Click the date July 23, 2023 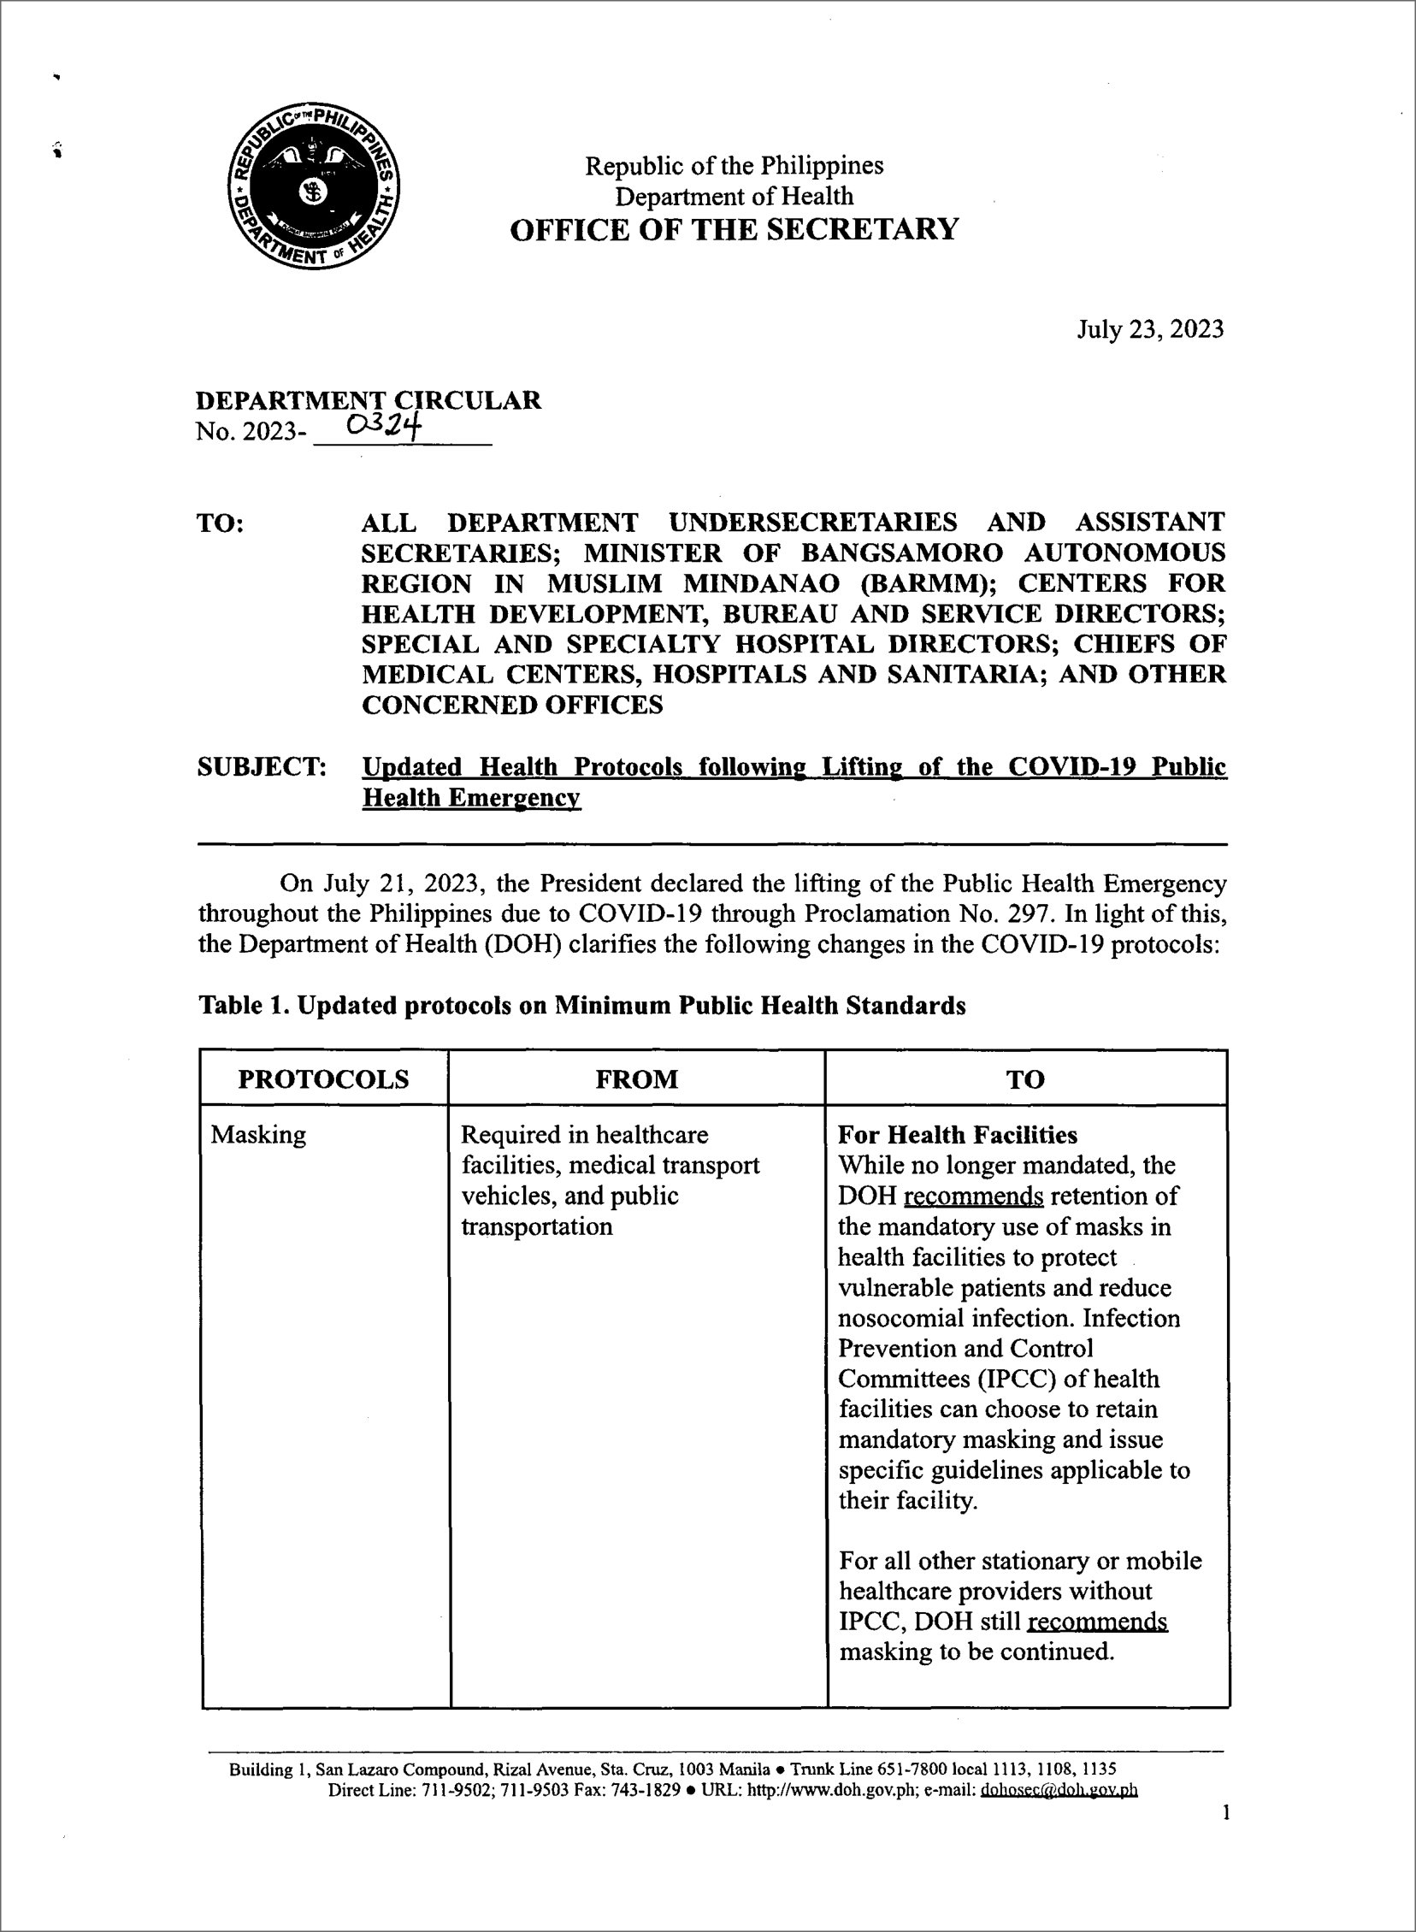1149,329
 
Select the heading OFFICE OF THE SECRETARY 734,230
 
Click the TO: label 221,523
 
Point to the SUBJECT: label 262,766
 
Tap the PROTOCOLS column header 323,1078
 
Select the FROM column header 636,1078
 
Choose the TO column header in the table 1025,1078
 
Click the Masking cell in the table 258,1135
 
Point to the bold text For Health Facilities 958,1135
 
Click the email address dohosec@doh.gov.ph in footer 1059,1790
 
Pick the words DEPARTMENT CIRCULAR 369,400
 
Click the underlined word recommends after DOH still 1097,1622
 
